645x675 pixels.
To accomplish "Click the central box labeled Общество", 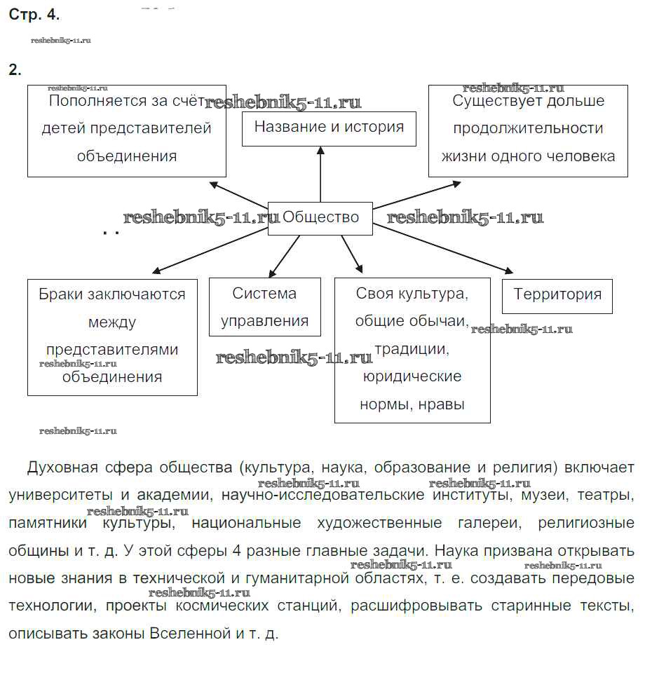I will pos(320,217).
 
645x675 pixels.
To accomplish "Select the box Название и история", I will pos(329,128).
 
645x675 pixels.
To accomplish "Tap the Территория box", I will pos(557,294).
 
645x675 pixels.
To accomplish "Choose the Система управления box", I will pos(264,308).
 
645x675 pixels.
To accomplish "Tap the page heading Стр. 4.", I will pos(34,15).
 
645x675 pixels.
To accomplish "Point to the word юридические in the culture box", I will pos(412,377).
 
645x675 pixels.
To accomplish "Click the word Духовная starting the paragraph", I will pos(61,468).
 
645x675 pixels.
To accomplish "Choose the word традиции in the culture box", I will pos(411,349).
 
